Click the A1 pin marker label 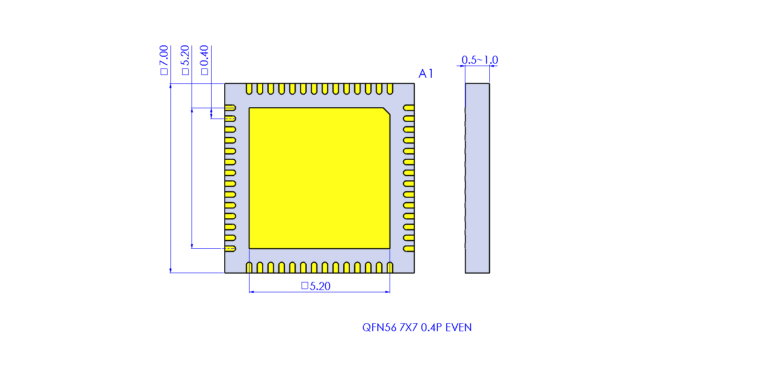click(426, 74)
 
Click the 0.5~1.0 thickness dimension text click(479, 60)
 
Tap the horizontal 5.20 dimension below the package click(320, 286)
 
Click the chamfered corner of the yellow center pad click(387, 111)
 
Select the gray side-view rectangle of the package click(477, 178)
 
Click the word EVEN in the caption click(458, 327)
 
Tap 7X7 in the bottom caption click(408, 327)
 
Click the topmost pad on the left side click(230, 108)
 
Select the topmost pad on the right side click(409, 108)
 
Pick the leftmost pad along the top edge click(249, 89)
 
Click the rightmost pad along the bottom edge click(390, 267)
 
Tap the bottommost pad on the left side click(230, 249)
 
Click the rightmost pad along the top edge click(390, 89)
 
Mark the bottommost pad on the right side click(409, 249)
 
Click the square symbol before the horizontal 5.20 click(304, 286)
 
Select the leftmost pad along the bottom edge click(249, 267)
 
